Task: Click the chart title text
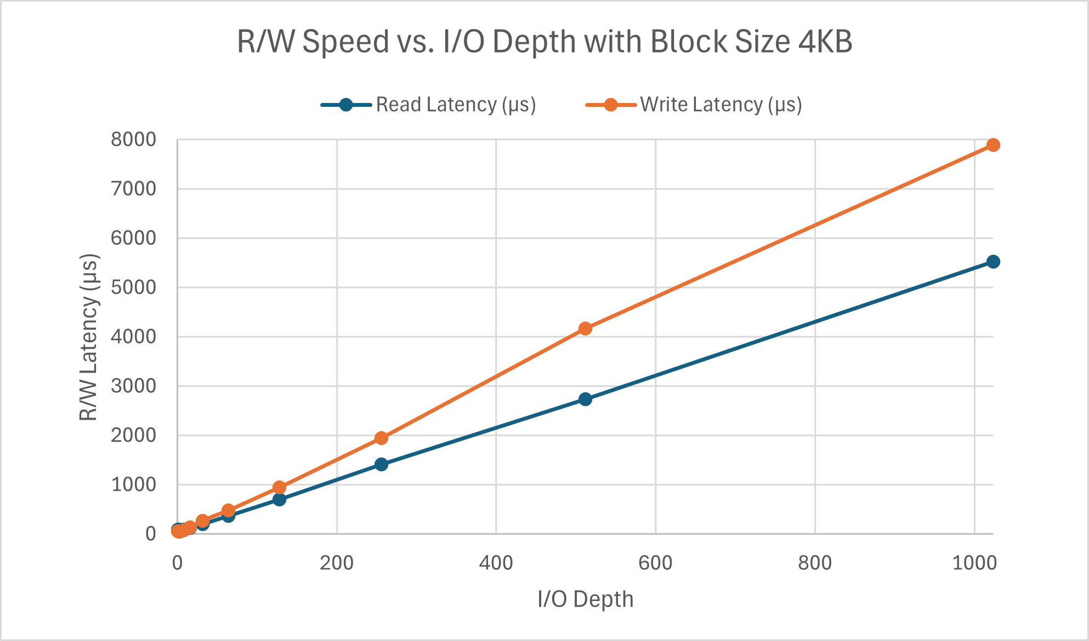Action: pyautogui.click(x=544, y=42)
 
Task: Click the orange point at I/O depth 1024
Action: pyautogui.click(x=993, y=145)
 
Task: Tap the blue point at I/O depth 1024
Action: pyautogui.click(x=993, y=262)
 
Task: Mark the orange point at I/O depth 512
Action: pyautogui.click(x=585, y=329)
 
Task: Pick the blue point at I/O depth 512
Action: pyautogui.click(x=585, y=399)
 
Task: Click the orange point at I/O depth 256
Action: pyautogui.click(x=382, y=438)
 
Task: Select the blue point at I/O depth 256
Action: pyautogui.click(x=382, y=465)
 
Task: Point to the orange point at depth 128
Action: pyautogui.click(x=279, y=488)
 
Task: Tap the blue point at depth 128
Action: pyautogui.click(x=279, y=500)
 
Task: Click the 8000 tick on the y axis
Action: pyautogui.click(x=133, y=140)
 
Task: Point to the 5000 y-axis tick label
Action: pyautogui.click(x=133, y=287)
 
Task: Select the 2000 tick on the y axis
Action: pyautogui.click(x=133, y=435)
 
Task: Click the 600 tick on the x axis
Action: pyautogui.click(x=655, y=563)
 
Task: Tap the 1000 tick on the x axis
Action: pyautogui.click(x=974, y=563)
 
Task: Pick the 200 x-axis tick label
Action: pyautogui.click(x=337, y=563)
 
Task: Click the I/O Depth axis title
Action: pyautogui.click(x=585, y=599)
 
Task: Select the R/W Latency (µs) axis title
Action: pyautogui.click(x=88, y=337)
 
